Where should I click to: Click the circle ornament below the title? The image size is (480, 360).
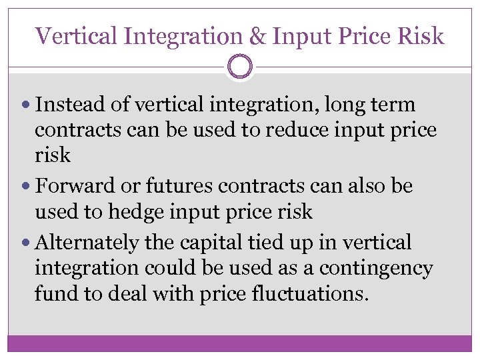point(240,67)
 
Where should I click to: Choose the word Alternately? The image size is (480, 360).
point(87,243)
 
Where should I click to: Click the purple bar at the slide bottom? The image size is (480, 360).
point(240,343)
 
